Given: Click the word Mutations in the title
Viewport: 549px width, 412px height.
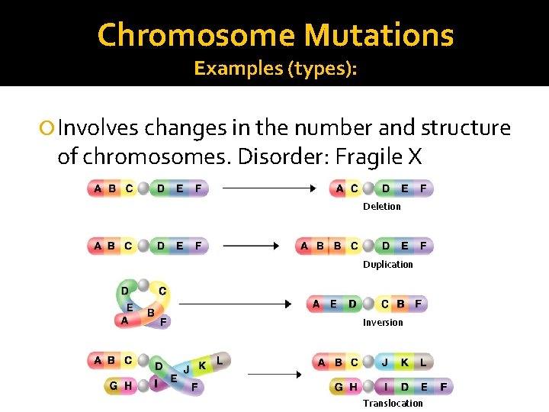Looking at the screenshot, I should [378, 35].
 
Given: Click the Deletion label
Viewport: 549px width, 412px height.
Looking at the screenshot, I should [381, 207].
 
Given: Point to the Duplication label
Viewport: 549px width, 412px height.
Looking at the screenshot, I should [387, 265].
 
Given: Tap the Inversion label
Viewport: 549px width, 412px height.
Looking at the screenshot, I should [383, 323].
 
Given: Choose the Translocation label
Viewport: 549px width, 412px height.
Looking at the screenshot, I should [392, 404].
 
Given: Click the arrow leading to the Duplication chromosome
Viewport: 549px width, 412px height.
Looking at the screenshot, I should [252, 246].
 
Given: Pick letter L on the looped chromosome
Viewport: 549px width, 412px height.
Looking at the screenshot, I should [220, 359].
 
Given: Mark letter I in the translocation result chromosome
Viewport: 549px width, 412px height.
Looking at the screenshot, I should [385, 387].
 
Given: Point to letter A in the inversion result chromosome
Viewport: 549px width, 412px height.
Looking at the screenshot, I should [316, 304].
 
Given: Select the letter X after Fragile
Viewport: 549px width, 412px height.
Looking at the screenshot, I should [415, 156].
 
